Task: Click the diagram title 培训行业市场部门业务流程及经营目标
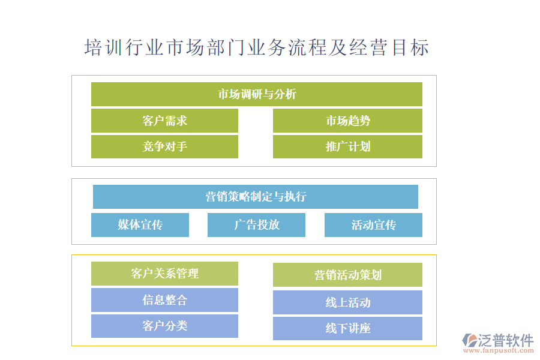pyautogui.click(x=257, y=47)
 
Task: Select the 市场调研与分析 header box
pyautogui.click(x=257, y=94)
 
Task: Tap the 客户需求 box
pyautogui.click(x=164, y=121)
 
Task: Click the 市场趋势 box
pyautogui.click(x=347, y=121)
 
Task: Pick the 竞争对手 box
pyautogui.click(x=164, y=147)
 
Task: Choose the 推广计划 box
pyautogui.click(x=347, y=147)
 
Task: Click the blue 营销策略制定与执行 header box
pyautogui.click(x=256, y=197)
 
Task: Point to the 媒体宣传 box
pyautogui.click(x=140, y=225)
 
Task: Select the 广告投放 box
pyautogui.click(x=256, y=225)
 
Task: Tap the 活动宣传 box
pyautogui.click(x=373, y=225)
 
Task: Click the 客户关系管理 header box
pyautogui.click(x=164, y=274)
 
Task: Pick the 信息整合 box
pyautogui.click(x=164, y=300)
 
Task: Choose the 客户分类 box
pyautogui.click(x=164, y=326)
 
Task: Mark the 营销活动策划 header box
pyautogui.click(x=347, y=275)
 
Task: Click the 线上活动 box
pyautogui.click(x=347, y=302)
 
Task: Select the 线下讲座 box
pyautogui.click(x=347, y=328)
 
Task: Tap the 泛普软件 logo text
pyautogui.click(x=506, y=340)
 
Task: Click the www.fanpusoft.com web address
pyautogui.click(x=499, y=350)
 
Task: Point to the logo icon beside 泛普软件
pyautogui.click(x=470, y=340)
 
